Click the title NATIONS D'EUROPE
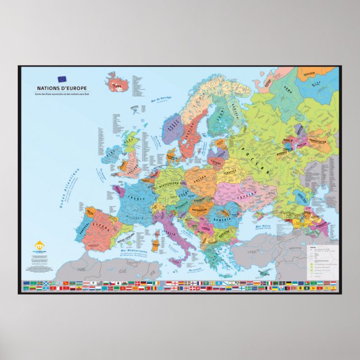coord(63,88)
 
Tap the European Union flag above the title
coord(61,79)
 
